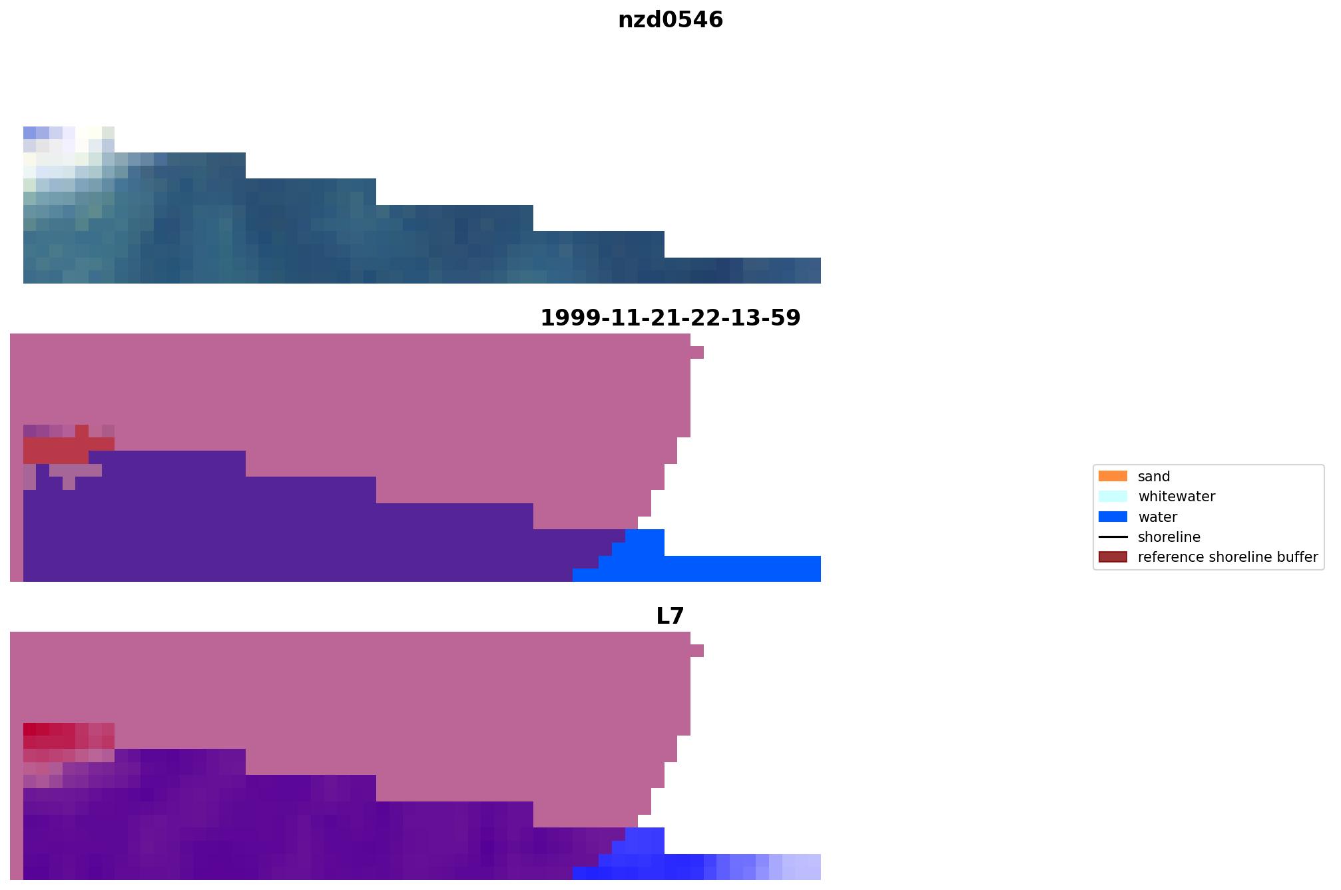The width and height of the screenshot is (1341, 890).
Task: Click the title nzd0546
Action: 670,20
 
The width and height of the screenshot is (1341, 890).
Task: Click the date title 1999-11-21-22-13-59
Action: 670,318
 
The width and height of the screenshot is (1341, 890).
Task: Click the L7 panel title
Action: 670,616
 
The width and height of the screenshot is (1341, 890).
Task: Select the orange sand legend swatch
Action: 1113,477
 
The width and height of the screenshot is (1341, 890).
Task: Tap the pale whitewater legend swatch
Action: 1113,497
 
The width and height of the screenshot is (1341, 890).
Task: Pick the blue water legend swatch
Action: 1113,517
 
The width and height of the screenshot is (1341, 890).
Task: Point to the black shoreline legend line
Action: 1113,537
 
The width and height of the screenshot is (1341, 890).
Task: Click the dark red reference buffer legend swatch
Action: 1113,557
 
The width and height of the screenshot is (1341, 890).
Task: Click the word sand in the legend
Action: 1154,477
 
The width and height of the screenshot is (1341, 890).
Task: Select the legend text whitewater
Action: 1177,497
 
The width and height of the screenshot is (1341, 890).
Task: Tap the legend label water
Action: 1157,517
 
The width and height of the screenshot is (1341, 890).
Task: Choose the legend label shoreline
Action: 1169,537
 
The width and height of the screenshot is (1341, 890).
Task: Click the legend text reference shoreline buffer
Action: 1228,557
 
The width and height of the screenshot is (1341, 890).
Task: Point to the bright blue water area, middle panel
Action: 732,568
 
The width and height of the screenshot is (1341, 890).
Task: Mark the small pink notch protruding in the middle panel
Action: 697,353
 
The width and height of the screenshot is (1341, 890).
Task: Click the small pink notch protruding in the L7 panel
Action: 697,651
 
